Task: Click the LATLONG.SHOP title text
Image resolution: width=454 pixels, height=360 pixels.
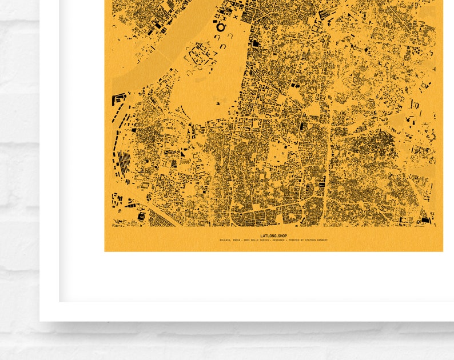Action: point(273,235)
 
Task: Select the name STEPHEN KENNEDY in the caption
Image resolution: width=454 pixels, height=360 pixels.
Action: point(316,240)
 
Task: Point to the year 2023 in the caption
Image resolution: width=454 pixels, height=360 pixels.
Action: point(246,240)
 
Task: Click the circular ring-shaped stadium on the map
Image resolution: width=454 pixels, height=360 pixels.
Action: point(221,27)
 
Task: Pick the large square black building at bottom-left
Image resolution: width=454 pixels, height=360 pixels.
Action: point(141,217)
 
